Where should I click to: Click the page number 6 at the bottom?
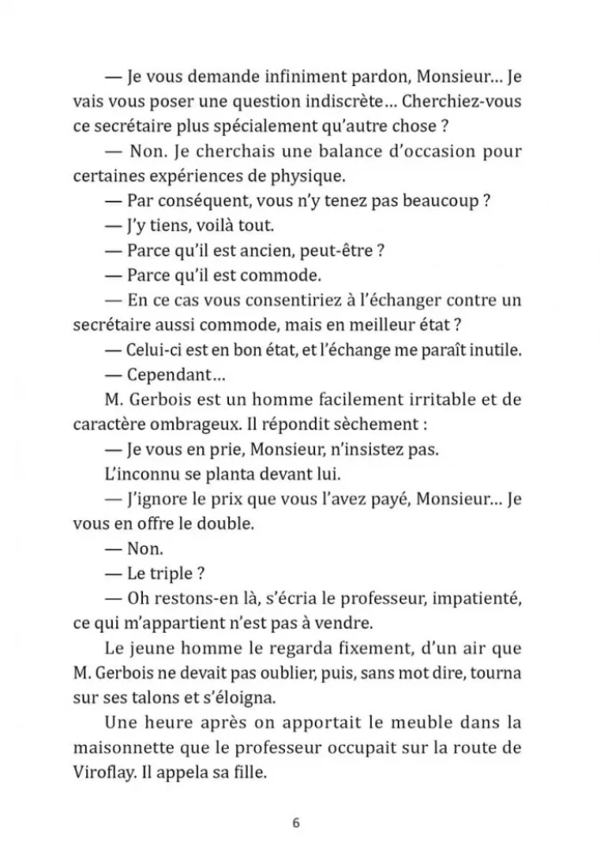point(296,822)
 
